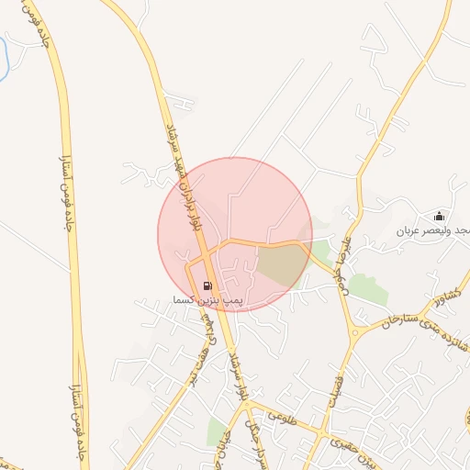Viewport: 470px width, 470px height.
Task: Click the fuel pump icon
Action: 207,286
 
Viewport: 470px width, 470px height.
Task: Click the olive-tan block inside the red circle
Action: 279,264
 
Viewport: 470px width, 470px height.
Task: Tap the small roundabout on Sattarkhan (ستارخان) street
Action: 354,330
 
